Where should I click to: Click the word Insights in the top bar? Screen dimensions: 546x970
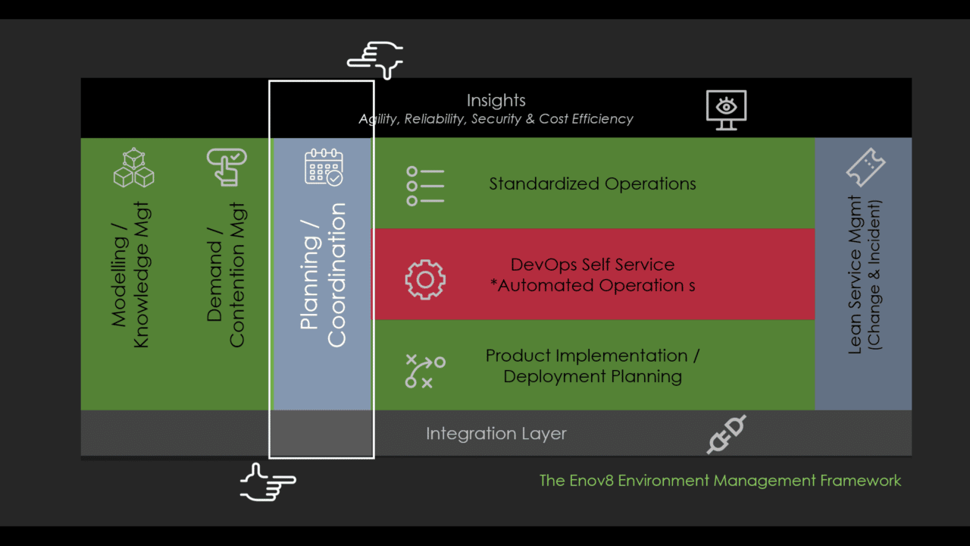(x=496, y=100)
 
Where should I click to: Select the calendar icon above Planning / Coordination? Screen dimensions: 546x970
(x=324, y=167)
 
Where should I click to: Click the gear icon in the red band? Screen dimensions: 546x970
(x=425, y=280)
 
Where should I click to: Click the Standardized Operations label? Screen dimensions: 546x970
(x=592, y=184)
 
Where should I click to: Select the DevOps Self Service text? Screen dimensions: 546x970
(x=592, y=265)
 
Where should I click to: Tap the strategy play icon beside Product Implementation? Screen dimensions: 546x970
(x=425, y=371)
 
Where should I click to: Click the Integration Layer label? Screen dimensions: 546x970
(x=496, y=434)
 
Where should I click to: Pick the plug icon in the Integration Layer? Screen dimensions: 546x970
(x=726, y=435)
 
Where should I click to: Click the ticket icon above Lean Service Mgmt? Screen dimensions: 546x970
(x=865, y=167)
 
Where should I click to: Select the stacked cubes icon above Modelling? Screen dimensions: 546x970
(x=133, y=168)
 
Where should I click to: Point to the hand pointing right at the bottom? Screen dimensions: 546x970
(x=268, y=482)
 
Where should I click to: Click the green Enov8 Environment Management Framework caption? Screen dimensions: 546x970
(x=720, y=480)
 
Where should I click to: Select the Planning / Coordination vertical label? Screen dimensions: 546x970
(x=323, y=275)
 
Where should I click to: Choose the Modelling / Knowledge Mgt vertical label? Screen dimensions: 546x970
(x=130, y=275)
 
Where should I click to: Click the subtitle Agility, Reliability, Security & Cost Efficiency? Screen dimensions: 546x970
(x=496, y=119)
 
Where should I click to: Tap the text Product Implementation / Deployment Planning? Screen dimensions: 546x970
(x=592, y=366)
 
